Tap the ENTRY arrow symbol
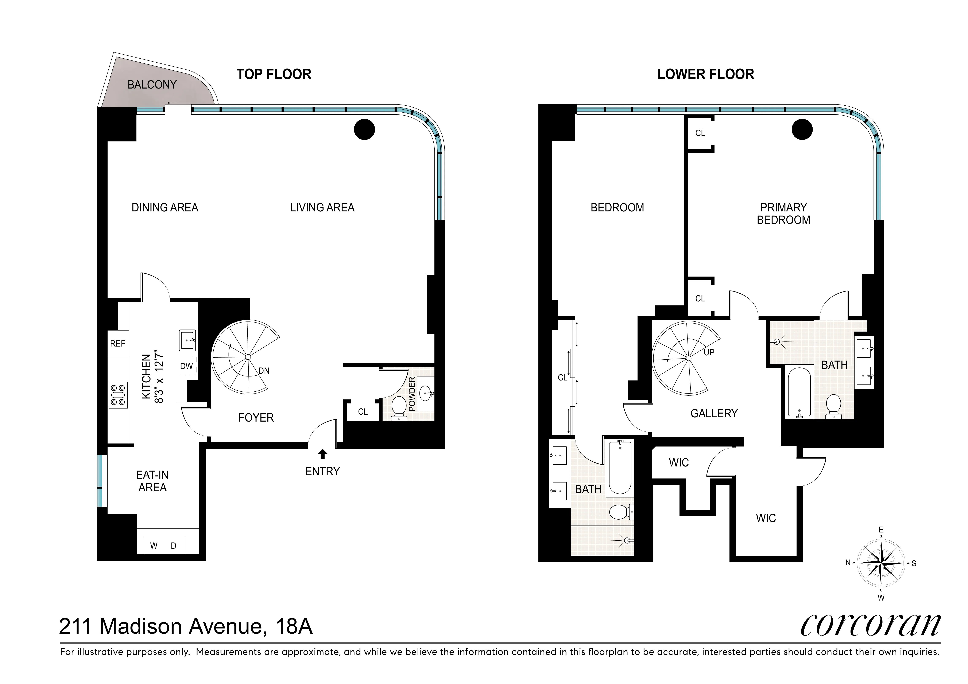click(322, 454)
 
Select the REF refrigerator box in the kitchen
click(118, 343)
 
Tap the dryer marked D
click(173, 546)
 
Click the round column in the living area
click(364, 129)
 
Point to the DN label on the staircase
click(264, 371)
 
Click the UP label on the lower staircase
click(709, 352)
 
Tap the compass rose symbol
click(881, 563)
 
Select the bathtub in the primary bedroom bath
click(799, 393)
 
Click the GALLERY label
click(714, 413)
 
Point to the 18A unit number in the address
click(294, 627)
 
